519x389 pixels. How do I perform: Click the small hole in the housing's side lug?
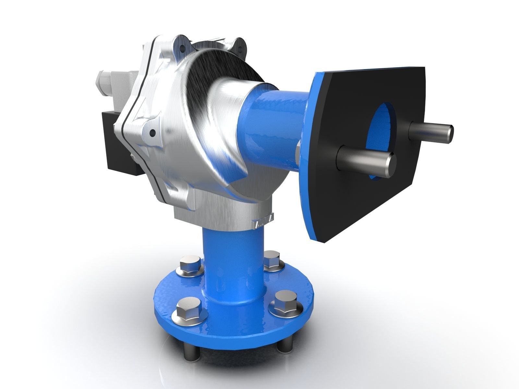[x=151, y=132]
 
